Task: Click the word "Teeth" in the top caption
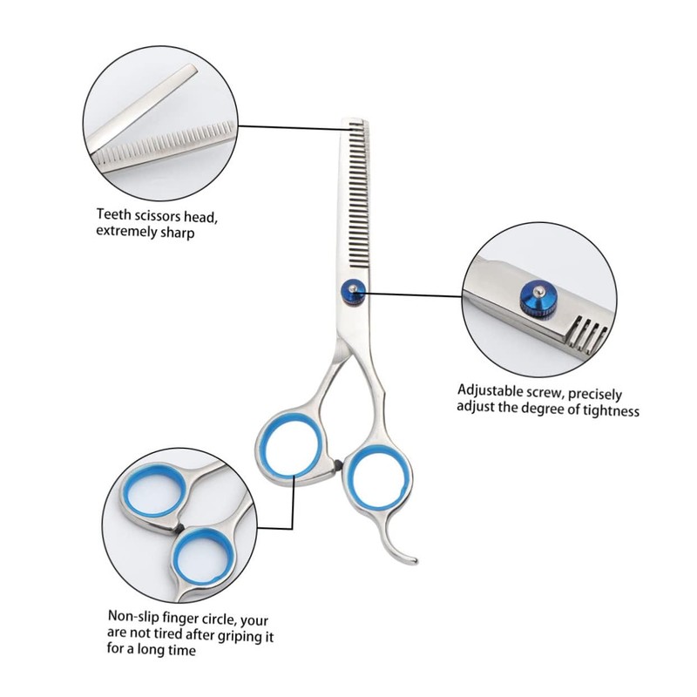[x=114, y=214]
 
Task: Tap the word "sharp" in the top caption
[x=175, y=233]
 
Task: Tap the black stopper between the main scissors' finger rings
[x=337, y=464]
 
